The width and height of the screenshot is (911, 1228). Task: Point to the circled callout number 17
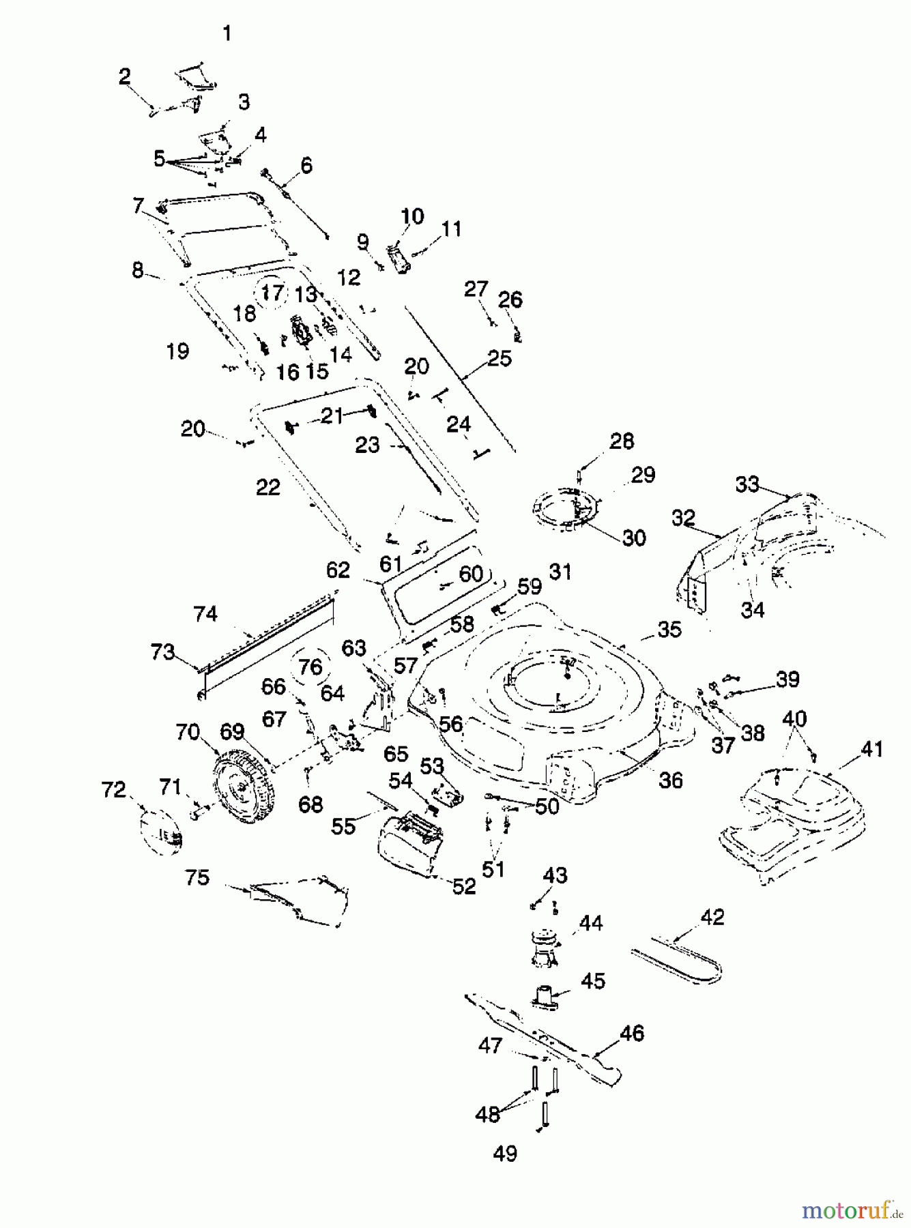[x=272, y=293]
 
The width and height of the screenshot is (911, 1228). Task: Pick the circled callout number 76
[x=310, y=667]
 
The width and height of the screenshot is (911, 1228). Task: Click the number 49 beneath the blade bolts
[x=505, y=1154]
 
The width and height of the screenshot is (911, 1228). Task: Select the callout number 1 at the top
[x=227, y=33]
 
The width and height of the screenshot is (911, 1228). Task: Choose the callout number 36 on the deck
[x=671, y=779]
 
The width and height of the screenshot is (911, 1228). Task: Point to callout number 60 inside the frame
[x=471, y=574]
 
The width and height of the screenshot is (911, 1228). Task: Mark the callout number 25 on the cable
[x=500, y=359]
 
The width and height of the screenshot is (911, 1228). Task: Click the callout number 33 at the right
[x=747, y=484]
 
